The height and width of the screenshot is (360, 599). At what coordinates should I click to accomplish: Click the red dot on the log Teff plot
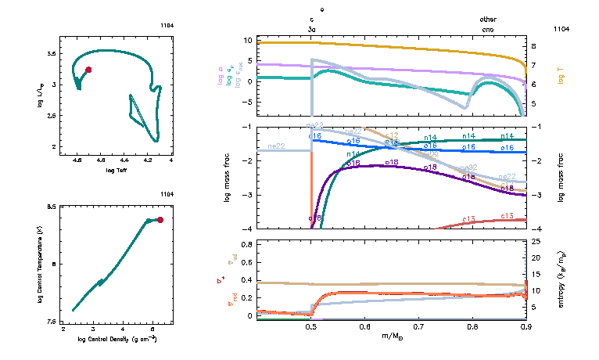88,70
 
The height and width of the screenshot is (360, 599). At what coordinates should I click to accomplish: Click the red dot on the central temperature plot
160,220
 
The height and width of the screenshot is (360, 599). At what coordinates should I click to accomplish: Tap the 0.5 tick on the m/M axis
311,327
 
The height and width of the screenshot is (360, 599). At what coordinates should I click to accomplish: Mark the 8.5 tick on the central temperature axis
52,207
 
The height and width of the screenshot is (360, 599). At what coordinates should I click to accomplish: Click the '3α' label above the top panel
312,28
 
